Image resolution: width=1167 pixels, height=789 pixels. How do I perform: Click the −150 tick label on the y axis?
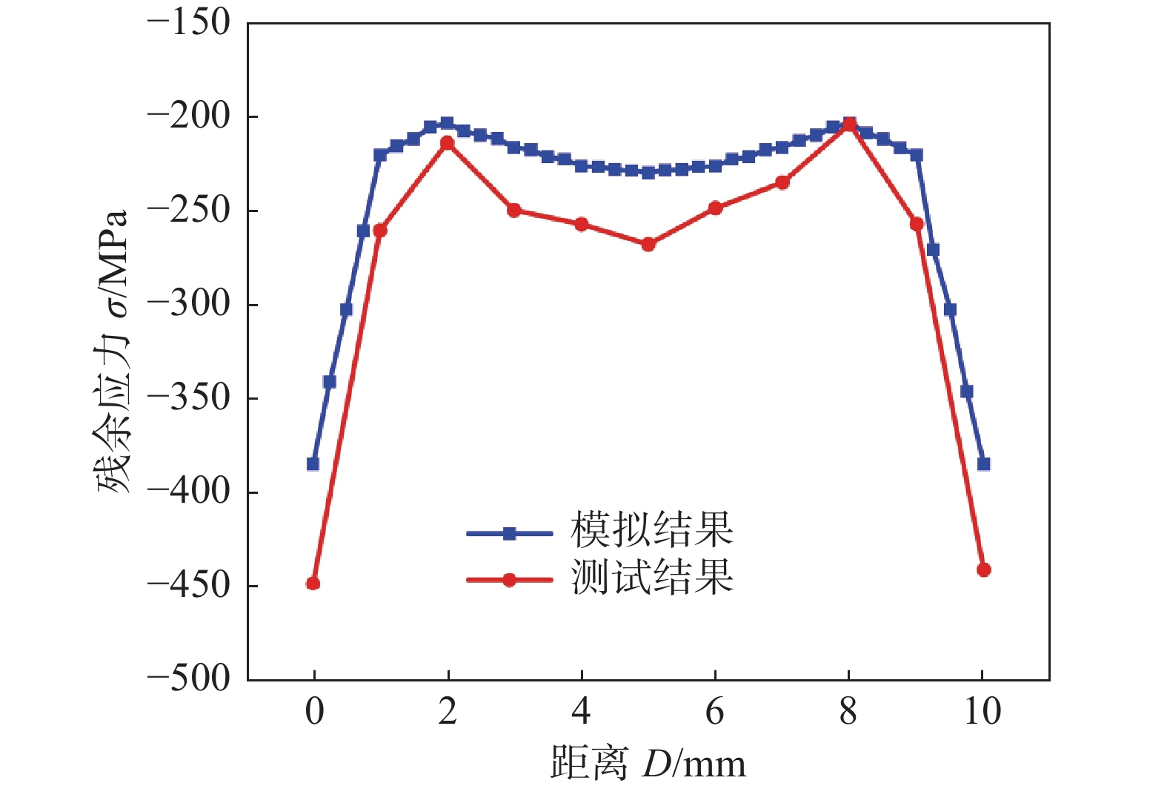pyautogui.click(x=189, y=23)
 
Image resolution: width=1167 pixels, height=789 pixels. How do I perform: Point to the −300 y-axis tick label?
pyautogui.click(x=189, y=304)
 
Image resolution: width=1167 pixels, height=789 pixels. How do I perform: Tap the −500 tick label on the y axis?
pyautogui.click(x=189, y=679)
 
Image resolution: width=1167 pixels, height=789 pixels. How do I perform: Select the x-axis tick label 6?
pyautogui.click(x=714, y=712)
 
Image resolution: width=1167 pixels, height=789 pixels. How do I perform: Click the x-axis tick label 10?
pyautogui.click(x=983, y=712)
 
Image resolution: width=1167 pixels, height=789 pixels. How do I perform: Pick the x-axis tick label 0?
pyautogui.click(x=314, y=712)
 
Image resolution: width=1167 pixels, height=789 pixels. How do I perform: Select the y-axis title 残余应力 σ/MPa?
pyautogui.click(x=111, y=351)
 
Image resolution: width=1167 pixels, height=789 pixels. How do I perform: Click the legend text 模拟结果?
pyautogui.click(x=652, y=529)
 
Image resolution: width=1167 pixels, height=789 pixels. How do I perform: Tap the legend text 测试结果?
pyautogui.click(x=652, y=576)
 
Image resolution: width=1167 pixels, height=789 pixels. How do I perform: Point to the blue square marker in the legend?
pyautogui.click(x=509, y=533)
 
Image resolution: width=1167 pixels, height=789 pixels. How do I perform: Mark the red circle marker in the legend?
pyautogui.click(x=509, y=580)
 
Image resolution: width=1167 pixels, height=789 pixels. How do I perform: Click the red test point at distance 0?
pyautogui.click(x=313, y=584)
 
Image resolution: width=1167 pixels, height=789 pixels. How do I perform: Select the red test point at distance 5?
pyautogui.click(x=648, y=244)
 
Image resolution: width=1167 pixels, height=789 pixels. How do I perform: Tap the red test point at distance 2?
pyautogui.click(x=448, y=142)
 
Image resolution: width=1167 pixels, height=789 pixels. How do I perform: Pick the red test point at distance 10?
pyautogui.click(x=984, y=570)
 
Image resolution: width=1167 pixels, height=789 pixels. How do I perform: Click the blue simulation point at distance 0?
pyautogui.click(x=313, y=464)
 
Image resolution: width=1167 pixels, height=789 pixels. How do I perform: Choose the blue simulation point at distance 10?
pyautogui.click(x=984, y=464)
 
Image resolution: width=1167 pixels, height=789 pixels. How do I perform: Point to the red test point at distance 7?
pyautogui.click(x=782, y=182)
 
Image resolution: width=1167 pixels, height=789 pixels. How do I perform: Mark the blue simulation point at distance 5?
pyautogui.click(x=648, y=173)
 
